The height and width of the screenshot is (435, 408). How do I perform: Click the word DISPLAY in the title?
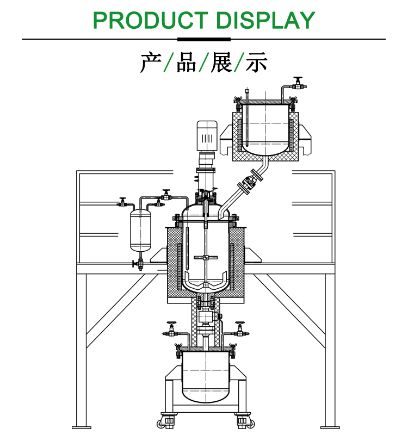tap(265, 20)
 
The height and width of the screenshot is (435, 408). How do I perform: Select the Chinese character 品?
tap(186, 63)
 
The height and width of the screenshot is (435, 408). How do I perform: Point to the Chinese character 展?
tap(221, 63)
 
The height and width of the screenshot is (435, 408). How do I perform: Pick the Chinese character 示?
tap(257, 63)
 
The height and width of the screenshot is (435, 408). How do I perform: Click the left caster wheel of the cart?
tap(168, 420)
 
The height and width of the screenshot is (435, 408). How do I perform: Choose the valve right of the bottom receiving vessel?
tap(239, 328)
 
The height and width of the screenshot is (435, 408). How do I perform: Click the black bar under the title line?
tap(204, 39)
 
